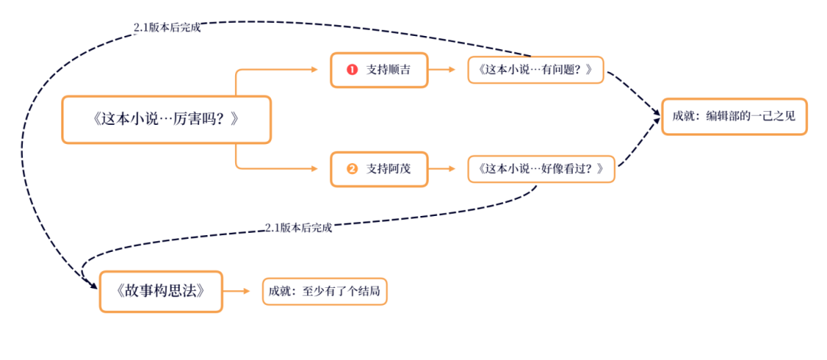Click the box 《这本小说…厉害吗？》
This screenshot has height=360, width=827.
[x=166, y=119]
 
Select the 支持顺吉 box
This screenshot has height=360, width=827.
[x=378, y=70]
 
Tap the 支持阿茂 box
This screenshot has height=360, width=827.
[x=378, y=169]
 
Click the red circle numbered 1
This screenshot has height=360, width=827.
[x=352, y=70]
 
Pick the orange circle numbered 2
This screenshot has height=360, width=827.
[x=352, y=169]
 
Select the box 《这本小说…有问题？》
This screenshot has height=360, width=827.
[x=535, y=70]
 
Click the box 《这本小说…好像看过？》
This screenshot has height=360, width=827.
[x=541, y=169]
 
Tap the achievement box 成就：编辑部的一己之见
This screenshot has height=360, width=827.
[x=734, y=116]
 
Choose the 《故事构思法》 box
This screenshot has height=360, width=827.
[x=161, y=291]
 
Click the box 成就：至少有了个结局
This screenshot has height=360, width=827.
[x=324, y=291]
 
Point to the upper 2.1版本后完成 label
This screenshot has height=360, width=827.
[x=166, y=28]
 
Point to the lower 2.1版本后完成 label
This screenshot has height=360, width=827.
[x=299, y=227]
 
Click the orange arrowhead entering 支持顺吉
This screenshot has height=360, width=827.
[x=314, y=70]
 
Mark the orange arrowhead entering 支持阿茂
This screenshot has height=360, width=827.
[x=314, y=169]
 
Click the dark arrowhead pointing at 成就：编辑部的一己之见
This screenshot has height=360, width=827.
[x=656, y=116]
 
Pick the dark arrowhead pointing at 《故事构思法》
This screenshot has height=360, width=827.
[x=92, y=286]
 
